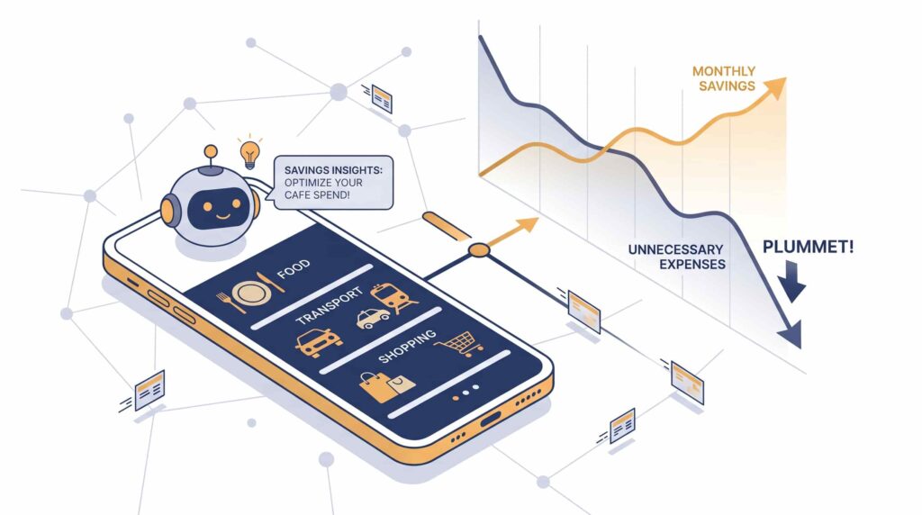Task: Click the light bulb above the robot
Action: click(250, 154)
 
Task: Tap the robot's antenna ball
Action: click(211, 152)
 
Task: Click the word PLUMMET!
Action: click(808, 247)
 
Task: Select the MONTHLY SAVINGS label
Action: click(724, 78)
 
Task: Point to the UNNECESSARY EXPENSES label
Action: click(676, 257)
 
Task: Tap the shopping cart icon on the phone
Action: click(460, 343)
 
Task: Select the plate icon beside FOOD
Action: click(252, 294)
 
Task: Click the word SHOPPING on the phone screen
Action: click(407, 346)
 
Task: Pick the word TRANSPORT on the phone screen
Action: click(329, 306)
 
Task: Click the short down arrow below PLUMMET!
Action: click(792, 282)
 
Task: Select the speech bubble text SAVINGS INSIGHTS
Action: click(333, 170)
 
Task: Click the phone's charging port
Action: click(491, 419)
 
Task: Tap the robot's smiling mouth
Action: click(221, 215)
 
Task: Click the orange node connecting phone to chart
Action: click(479, 250)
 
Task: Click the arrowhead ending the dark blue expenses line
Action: click(790, 334)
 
